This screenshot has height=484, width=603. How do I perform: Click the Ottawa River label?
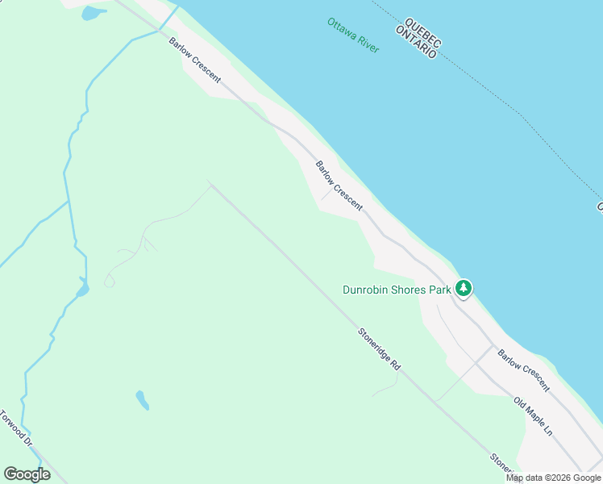[x=353, y=35]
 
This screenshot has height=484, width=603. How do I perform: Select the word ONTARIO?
[x=416, y=42]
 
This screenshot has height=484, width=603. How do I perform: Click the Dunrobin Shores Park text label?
[x=395, y=290]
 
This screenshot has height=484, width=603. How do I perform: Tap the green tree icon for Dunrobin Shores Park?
[x=464, y=288]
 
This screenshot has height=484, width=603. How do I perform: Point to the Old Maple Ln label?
[x=533, y=415]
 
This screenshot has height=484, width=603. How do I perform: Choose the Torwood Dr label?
[x=15, y=428]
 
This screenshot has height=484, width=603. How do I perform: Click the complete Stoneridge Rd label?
[x=379, y=348]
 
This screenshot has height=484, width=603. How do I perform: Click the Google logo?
[x=27, y=474]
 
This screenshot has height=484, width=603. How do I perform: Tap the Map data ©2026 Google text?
[x=554, y=478]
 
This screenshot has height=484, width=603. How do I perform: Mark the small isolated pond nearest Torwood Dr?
[x=142, y=399]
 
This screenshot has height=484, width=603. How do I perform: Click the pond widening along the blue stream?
[x=82, y=286]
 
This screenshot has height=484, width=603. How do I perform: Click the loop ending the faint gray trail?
[x=109, y=282]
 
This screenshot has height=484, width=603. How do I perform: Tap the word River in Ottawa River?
[x=366, y=44]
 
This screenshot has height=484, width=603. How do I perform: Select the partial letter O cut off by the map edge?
[x=599, y=207]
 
